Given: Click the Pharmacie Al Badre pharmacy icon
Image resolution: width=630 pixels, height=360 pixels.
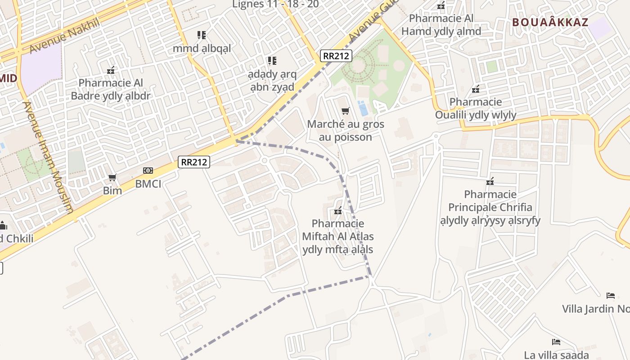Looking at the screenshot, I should click(111, 70).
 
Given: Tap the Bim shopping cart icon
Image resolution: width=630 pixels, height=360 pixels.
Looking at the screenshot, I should click(112, 178).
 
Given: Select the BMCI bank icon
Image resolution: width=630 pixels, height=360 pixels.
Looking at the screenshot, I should click(148, 171).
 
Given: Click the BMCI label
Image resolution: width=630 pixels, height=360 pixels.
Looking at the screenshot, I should click(148, 184).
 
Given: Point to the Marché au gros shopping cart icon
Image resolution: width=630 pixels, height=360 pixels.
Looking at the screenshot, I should click(346, 111).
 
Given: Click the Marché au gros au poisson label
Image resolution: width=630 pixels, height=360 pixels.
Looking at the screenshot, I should click(346, 130).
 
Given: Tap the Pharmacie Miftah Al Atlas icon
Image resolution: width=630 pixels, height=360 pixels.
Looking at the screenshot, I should click(338, 211).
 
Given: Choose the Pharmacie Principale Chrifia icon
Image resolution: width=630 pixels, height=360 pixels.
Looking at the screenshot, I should click(490, 181).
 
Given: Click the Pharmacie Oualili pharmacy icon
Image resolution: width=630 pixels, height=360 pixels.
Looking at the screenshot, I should click(476, 89).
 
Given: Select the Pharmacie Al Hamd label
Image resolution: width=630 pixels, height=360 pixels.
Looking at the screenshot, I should click(441, 25).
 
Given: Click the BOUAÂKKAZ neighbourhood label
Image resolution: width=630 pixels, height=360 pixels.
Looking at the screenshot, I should click(550, 22).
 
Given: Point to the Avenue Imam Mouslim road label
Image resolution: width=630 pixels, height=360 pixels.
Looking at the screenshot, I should click(48, 157).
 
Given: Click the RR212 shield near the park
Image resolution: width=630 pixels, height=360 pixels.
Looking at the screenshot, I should click(336, 56).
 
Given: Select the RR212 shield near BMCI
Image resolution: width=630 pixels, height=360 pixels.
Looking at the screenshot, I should click(194, 162).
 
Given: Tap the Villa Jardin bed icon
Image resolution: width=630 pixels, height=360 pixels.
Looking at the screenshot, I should click(611, 296).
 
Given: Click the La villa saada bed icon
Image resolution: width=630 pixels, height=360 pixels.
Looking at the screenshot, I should click(556, 342).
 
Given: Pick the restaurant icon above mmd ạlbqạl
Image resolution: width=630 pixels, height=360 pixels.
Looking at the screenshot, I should click(202, 35).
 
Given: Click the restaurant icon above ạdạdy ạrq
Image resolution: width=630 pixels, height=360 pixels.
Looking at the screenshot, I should click(272, 60).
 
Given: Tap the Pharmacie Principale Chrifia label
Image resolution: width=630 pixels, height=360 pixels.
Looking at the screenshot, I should click(490, 207).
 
